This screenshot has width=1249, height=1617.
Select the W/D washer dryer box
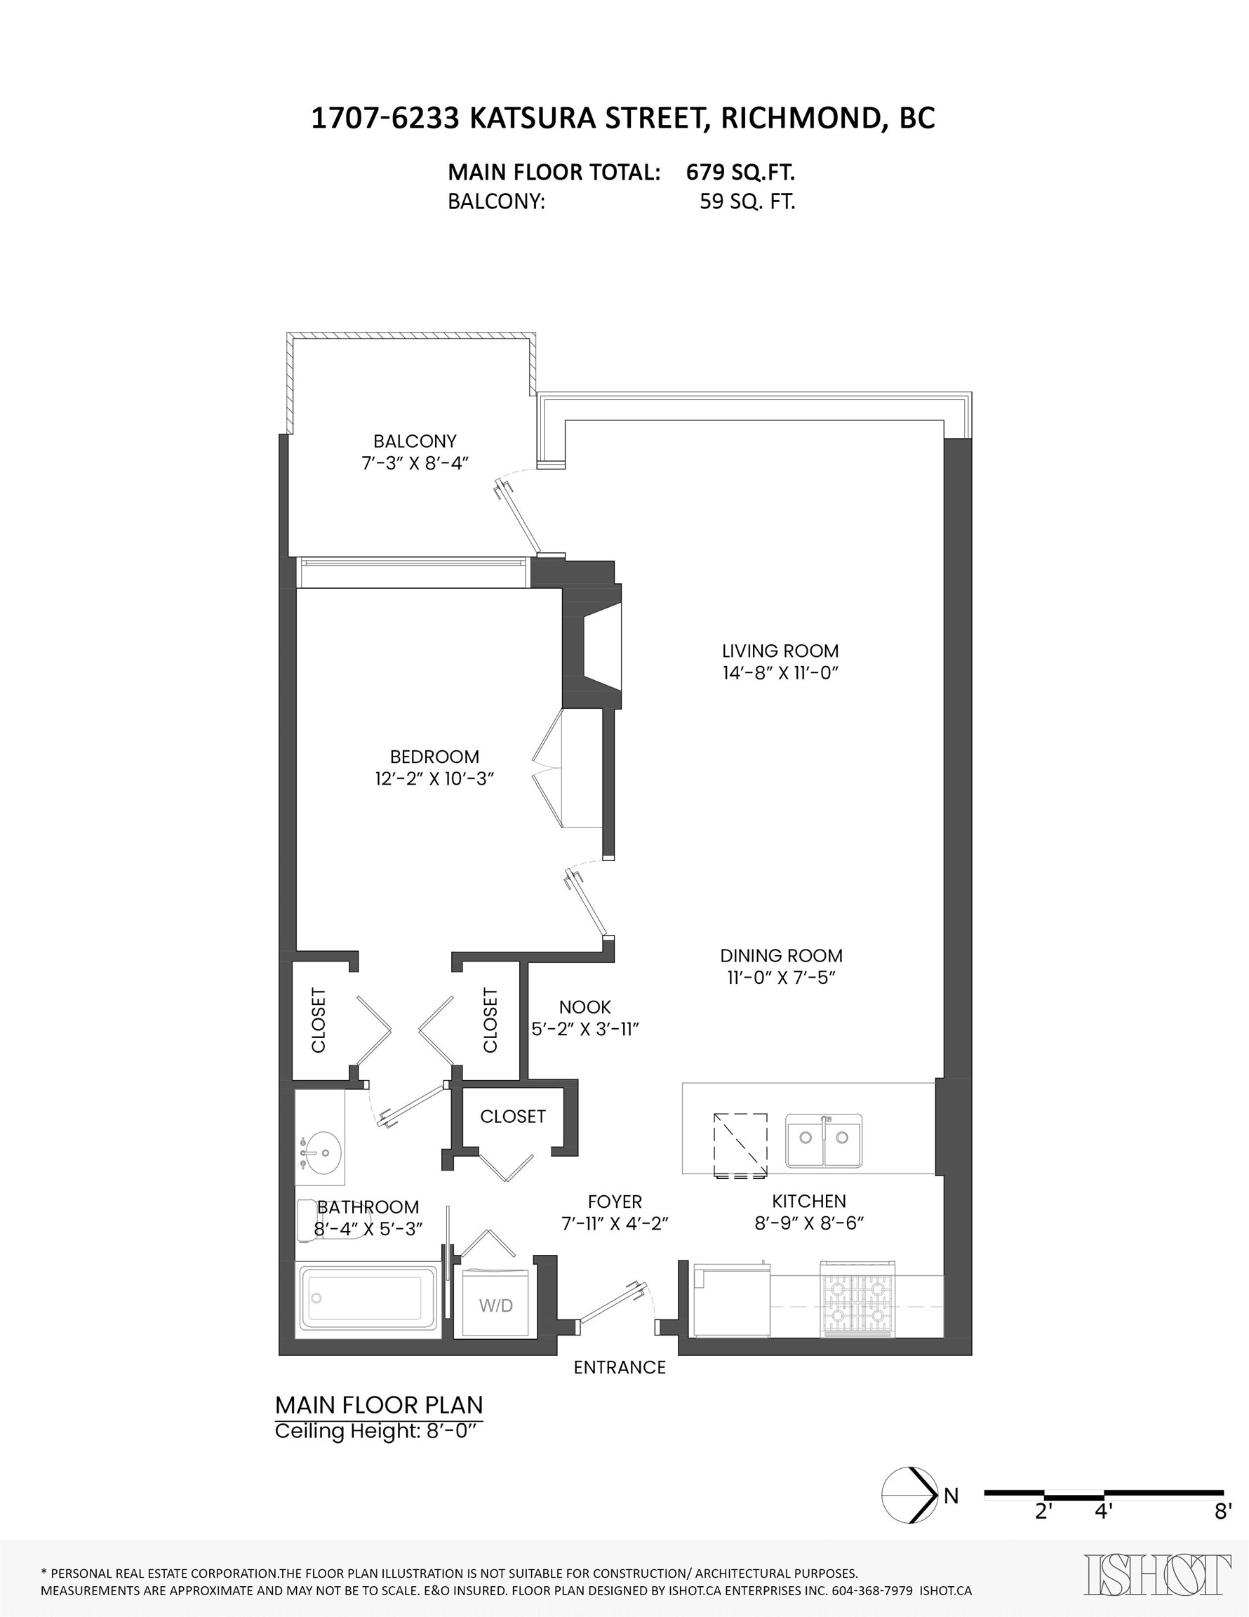[x=495, y=1305]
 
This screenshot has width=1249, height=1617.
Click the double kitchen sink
[x=823, y=1140]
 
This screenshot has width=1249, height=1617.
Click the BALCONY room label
[x=415, y=441]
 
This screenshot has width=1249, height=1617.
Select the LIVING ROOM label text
[x=780, y=651]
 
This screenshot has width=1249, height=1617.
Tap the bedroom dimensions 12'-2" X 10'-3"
[x=434, y=779]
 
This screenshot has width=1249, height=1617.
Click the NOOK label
[x=585, y=1007]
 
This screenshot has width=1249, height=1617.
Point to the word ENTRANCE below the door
[x=620, y=1367]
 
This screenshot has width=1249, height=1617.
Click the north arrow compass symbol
[x=909, y=1496]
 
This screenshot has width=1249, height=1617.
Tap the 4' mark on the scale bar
[x=1103, y=1511]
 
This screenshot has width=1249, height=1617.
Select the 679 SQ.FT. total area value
[x=740, y=173]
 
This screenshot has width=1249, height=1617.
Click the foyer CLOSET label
[x=512, y=1117]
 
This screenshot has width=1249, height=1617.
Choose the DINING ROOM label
[x=781, y=956]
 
